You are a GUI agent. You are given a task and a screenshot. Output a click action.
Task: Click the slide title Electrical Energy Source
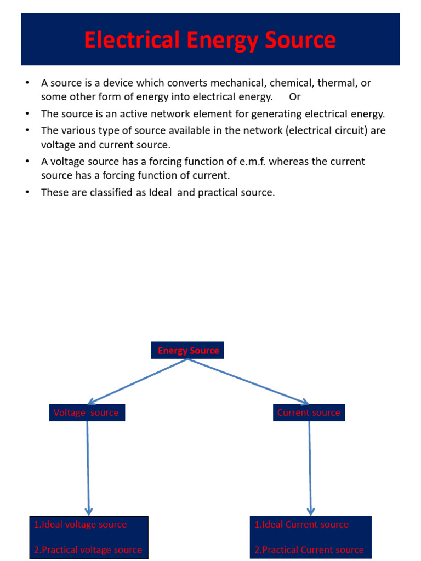click(210, 41)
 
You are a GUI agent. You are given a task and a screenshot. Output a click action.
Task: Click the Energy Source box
click(188, 351)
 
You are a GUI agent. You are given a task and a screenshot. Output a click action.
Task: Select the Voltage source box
click(87, 413)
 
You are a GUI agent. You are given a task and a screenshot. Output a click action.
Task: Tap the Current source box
click(309, 413)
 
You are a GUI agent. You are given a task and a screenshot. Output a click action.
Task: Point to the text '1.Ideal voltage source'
click(80, 524)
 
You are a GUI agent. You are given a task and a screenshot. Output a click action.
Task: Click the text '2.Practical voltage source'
click(88, 549)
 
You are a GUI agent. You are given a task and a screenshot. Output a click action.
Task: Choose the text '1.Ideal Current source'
click(301, 524)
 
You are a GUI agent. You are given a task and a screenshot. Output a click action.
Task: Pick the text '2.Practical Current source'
click(309, 549)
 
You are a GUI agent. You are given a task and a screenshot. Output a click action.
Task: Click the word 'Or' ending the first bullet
click(295, 97)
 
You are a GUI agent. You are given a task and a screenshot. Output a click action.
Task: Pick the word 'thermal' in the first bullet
click(338, 83)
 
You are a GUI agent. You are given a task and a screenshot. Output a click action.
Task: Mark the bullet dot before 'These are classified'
click(26, 192)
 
